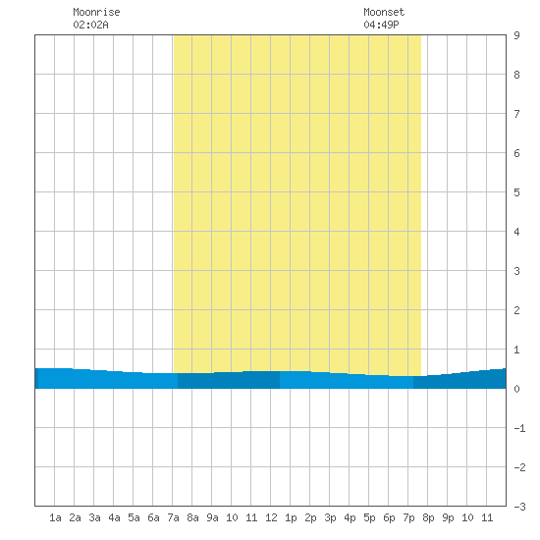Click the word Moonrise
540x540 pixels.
coord(96,12)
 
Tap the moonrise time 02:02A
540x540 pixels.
coord(90,25)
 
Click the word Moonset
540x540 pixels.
coord(384,12)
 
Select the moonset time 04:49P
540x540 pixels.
coord(381,25)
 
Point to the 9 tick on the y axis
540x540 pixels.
coord(516,35)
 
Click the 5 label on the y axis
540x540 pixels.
coord(516,192)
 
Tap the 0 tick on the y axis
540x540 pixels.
coord(516,389)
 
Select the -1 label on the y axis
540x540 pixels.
coord(519,428)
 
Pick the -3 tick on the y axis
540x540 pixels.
coord(519,507)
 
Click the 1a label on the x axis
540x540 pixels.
coord(55,517)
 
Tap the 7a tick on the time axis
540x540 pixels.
coord(173,517)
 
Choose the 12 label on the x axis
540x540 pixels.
coord(271,517)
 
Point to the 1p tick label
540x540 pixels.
coord(291,517)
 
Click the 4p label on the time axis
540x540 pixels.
coord(350,517)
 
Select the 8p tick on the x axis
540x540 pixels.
coord(428,517)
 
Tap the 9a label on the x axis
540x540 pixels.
coord(212,517)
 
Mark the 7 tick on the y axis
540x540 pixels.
coord(516,114)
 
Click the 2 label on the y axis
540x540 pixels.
coord(516,310)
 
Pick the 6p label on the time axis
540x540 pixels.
coord(389,517)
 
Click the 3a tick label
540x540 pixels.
coord(94,517)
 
